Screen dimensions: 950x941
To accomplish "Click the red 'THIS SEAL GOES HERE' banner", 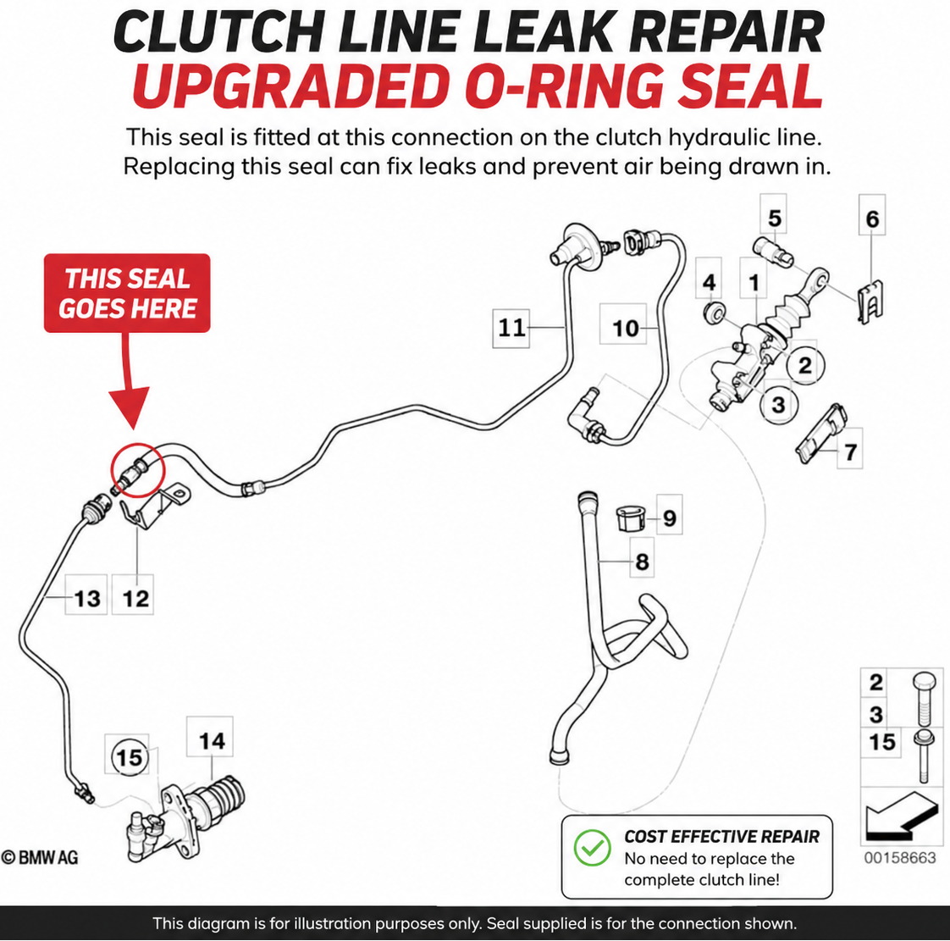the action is [x=127, y=293].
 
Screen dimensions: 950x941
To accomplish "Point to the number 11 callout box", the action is [x=511, y=328].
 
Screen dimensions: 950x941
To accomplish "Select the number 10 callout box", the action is [x=624, y=328].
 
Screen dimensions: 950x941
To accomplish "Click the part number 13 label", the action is [x=86, y=598].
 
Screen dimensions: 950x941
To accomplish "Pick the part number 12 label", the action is [x=135, y=598].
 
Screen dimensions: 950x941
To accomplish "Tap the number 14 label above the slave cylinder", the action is [x=210, y=739].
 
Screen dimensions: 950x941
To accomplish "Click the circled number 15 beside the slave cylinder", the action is [x=129, y=756].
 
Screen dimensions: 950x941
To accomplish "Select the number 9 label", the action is [x=669, y=518].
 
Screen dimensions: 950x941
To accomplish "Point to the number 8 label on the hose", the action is [x=642, y=561].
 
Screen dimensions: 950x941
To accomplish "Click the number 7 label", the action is [x=850, y=451].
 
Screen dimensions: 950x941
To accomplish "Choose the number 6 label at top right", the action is [x=872, y=219].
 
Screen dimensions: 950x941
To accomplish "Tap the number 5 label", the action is [x=774, y=218].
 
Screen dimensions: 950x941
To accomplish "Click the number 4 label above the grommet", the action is [x=709, y=281].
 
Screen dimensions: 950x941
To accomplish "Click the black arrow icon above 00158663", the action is [x=902, y=816].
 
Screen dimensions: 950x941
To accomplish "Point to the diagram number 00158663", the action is [x=900, y=857].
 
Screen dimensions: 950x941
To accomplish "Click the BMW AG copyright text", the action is [x=40, y=857].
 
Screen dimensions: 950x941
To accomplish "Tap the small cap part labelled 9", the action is [x=630, y=518].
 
